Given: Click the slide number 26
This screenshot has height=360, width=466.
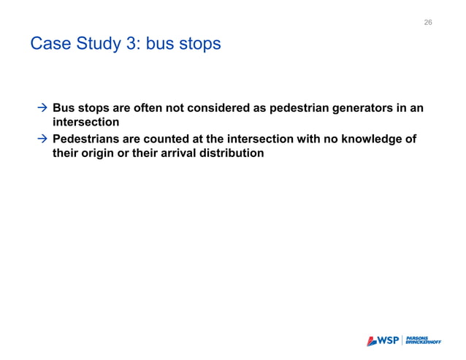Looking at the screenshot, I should click(428, 23).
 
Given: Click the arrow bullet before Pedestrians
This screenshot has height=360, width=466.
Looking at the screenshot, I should click(42, 139).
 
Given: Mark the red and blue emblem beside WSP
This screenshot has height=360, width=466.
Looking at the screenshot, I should click(371, 340).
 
